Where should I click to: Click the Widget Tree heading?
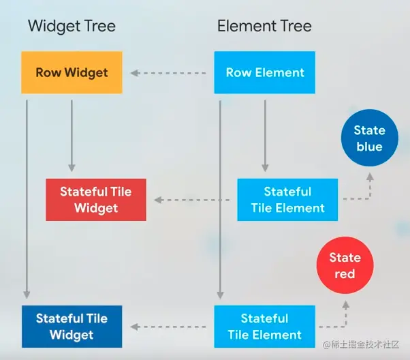tap(72, 27)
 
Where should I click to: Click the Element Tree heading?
tap(264, 27)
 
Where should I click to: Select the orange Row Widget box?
tap(72, 72)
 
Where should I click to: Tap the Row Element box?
tap(265, 72)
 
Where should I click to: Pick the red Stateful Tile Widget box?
tap(96, 200)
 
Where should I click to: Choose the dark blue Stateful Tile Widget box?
tap(72, 327)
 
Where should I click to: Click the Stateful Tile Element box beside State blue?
tap(287, 200)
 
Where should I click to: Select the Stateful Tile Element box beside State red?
tap(264, 327)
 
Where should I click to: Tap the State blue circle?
tap(369, 138)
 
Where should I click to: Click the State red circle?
tap(345, 266)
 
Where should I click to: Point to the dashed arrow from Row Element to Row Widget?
tap(168, 72)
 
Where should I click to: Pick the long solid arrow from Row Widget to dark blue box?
tap(27, 198)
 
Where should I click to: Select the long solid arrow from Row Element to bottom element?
tap(219, 198)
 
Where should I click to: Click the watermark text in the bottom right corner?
tap(365, 346)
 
